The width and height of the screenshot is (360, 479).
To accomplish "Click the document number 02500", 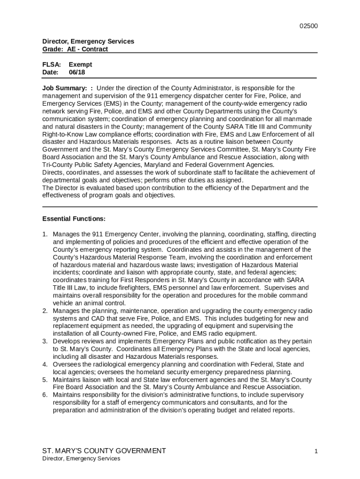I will pos(309,26).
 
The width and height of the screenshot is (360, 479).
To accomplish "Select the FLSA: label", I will pos(51,65).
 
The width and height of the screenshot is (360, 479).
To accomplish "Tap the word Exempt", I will pos(80,65).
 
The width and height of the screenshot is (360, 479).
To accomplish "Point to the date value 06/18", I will pos(77,73).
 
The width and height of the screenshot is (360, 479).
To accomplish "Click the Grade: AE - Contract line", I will pos(75,49).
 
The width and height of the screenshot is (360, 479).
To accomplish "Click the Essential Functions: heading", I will pos(73,219).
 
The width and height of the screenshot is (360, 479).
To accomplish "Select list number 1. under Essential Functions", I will pos(45,234).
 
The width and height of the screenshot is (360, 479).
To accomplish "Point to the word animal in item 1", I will pos(88,303).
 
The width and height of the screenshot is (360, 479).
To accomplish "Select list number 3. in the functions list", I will pos(45,341).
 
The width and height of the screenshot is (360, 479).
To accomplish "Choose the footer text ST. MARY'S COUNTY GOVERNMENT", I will pos(104,451).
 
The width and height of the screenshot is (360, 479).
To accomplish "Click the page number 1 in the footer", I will pos(316,451).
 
